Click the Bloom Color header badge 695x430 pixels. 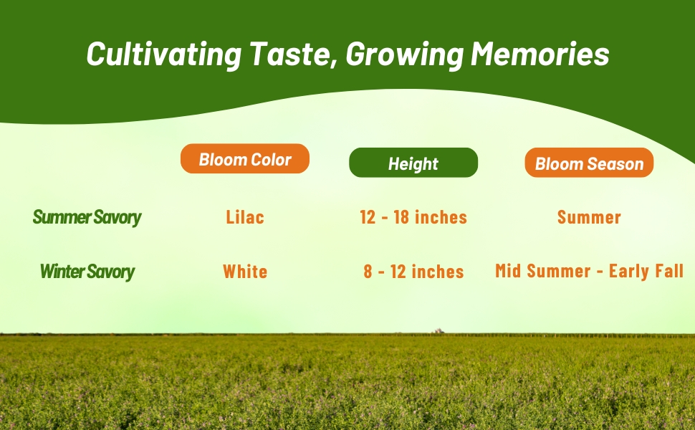pyautogui.click(x=245, y=159)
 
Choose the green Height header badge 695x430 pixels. pyautogui.click(x=413, y=163)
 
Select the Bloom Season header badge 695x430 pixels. pyautogui.click(x=589, y=163)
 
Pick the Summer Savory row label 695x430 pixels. pyautogui.click(x=87, y=217)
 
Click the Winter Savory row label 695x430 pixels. pyautogui.click(x=87, y=272)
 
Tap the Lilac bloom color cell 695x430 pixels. pyautogui.click(x=245, y=217)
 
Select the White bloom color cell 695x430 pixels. pyautogui.click(x=245, y=272)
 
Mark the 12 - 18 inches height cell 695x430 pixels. pyautogui.click(x=413, y=217)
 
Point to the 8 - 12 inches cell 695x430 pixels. pyautogui.click(x=414, y=272)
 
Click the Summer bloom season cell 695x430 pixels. pyautogui.click(x=589, y=217)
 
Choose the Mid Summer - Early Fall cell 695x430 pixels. pyautogui.click(x=589, y=272)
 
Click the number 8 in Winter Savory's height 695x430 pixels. pyautogui.click(x=368, y=272)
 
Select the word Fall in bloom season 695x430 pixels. pyautogui.click(x=667, y=272)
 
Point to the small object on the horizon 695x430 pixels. pyautogui.click(x=438, y=331)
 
